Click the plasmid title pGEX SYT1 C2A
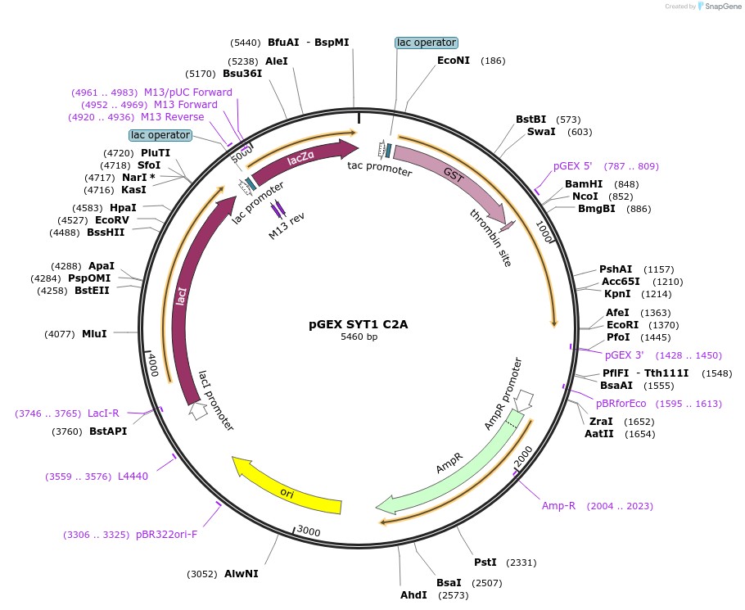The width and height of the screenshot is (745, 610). (x=358, y=324)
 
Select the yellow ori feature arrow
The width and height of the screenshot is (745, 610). (x=287, y=488)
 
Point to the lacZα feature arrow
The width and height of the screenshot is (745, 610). (x=303, y=159)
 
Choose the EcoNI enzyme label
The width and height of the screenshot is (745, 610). (x=454, y=61)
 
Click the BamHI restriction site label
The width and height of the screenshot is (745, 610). (x=584, y=184)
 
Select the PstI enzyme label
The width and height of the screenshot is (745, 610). (x=485, y=563)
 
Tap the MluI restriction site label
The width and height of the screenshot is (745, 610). (x=94, y=334)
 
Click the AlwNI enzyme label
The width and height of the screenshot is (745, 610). (x=242, y=574)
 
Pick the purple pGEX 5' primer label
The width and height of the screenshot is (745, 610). (x=572, y=166)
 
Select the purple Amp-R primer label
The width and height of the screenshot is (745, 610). (x=558, y=506)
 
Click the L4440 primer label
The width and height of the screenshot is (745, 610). (x=133, y=476)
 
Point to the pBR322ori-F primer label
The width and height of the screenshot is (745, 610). (x=167, y=535)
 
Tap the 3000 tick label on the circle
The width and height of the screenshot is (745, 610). (x=308, y=532)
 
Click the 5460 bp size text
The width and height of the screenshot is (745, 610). (x=359, y=337)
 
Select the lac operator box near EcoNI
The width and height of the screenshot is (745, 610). (x=426, y=43)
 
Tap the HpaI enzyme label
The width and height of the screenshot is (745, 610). (x=123, y=208)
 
